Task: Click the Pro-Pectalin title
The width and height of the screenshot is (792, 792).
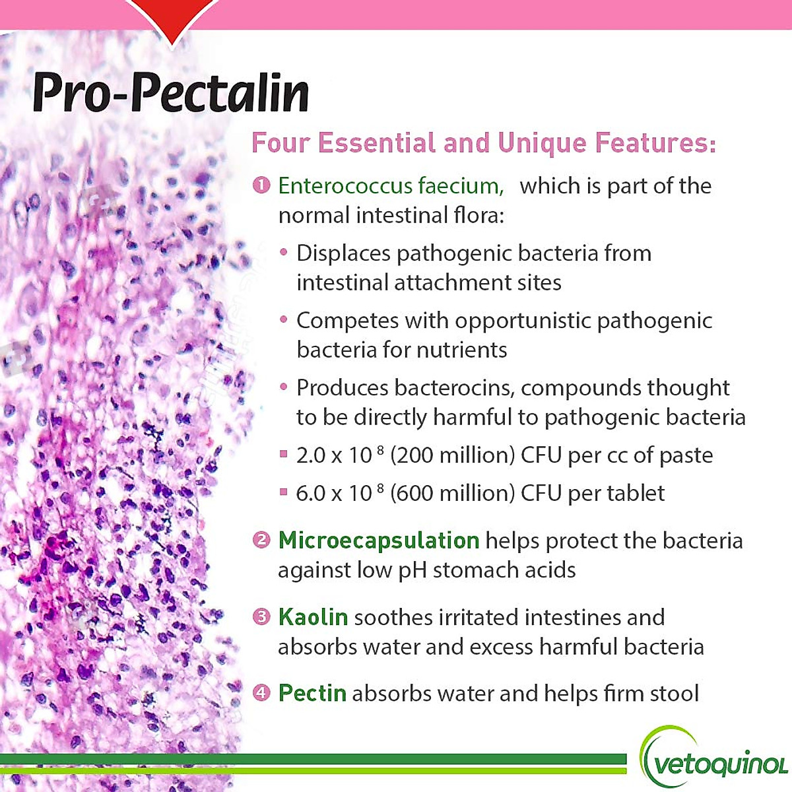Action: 170,92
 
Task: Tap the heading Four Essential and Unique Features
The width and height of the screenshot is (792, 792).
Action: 484,143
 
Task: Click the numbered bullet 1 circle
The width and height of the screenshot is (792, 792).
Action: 261,185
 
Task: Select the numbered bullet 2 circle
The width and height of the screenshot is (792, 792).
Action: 261,541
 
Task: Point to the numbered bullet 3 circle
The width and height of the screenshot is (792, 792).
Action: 261,617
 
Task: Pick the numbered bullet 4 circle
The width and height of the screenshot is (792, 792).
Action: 261,693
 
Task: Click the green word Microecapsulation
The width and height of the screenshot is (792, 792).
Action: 378,541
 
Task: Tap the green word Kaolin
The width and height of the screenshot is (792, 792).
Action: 313,617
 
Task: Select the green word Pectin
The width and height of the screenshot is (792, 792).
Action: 312,693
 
